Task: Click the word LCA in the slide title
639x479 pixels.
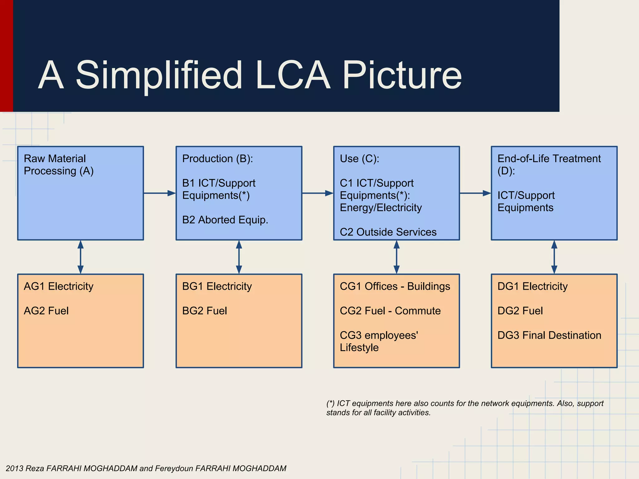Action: [292, 76]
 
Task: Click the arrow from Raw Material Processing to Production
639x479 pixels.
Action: [159, 193]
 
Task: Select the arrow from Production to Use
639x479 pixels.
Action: [317, 193]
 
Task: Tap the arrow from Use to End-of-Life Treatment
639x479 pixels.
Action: [475, 193]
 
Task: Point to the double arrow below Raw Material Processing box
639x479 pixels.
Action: [80, 257]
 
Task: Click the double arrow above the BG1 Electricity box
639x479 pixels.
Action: [239, 257]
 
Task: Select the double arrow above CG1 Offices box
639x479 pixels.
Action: [397, 257]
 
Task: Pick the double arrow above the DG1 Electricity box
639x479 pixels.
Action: [554, 257]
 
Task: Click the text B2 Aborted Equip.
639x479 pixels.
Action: [225, 220]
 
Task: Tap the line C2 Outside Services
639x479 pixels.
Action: [388, 232]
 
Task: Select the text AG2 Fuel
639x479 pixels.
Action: [46, 311]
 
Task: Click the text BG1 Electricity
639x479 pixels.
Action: [217, 286]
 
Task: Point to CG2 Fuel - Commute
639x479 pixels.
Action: [390, 311]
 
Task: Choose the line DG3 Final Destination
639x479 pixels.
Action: [549, 335]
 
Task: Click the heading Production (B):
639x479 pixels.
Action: [217, 159]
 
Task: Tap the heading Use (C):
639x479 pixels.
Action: [359, 159]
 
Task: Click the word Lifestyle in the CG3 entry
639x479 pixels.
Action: [359, 347]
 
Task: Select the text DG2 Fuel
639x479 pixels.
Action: [520, 311]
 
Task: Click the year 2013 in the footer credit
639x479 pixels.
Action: [14, 468]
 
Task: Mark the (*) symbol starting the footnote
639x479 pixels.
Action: [330, 404]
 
